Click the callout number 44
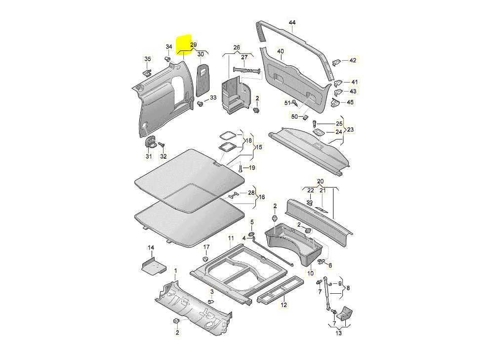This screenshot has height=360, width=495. (x=292, y=23)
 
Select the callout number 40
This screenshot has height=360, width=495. (x=281, y=51)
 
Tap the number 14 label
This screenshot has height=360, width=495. (x=152, y=247)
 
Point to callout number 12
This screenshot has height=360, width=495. (x=284, y=305)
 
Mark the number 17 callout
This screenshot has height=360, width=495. (x=206, y=247)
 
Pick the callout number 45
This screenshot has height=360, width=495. (x=351, y=102)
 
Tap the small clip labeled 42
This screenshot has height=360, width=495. (x=337, y=62)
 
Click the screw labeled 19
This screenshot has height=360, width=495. (x=240, y=169)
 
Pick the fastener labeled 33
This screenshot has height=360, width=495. (x=200, y=104)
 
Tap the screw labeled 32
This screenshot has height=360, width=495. (x=162, y=144)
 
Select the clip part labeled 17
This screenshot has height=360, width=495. (x=206, y=259)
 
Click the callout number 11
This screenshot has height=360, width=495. (x=230, y=238)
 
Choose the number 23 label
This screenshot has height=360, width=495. (x=351, y=129)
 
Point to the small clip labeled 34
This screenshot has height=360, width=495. (x=168, y=59)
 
